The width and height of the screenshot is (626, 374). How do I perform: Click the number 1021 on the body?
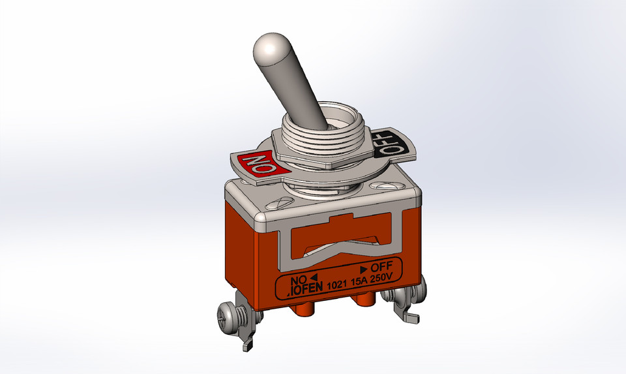point(336,285)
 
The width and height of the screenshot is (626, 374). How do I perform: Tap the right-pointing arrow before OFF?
point(363,268)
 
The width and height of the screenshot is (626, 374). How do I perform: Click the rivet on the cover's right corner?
point(385,187)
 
